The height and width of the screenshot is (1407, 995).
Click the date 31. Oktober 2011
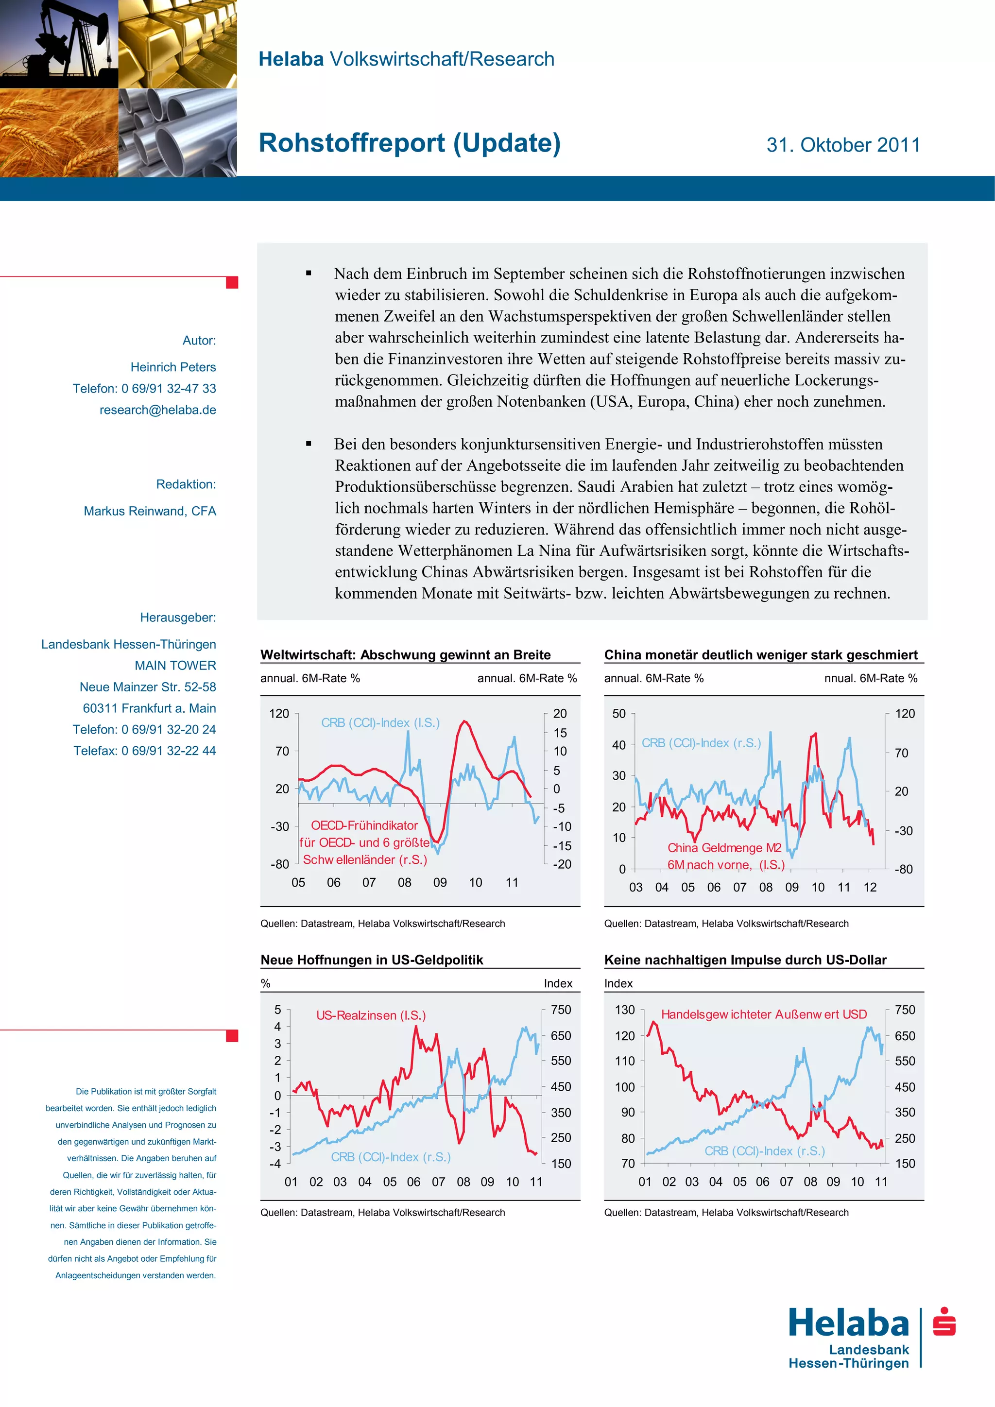point(843,145)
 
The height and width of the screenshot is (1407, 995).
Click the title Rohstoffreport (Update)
point(409,143)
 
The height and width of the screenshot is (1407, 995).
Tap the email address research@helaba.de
point(157,410)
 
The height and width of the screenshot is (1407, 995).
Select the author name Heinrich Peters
point(173,367)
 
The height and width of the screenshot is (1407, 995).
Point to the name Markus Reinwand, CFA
point(150,511)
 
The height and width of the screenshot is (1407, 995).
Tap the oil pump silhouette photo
point(59,44)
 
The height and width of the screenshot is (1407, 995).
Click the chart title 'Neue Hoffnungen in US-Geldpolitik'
point(371,960)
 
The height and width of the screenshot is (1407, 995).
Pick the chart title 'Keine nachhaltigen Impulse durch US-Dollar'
point(745,960)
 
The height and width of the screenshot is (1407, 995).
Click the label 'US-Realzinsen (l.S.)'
point(371,1015)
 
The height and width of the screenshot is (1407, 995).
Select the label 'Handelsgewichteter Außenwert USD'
point(763,1014)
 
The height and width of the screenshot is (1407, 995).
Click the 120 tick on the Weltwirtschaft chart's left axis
point(279,713)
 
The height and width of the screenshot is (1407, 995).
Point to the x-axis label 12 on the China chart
point(870,887)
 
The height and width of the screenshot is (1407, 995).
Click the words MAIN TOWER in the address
point(175,666)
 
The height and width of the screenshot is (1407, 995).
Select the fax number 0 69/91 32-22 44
point(169,751)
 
